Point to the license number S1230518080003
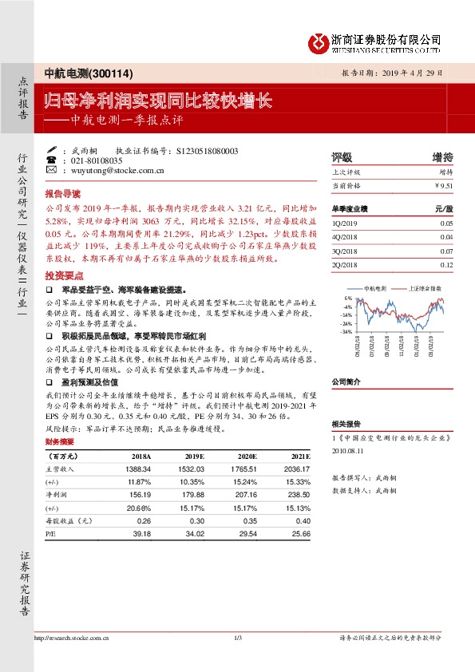206,150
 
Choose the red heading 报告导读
62,194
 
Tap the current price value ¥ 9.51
443,185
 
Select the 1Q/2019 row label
346,225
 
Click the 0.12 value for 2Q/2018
445,263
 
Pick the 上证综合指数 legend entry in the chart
426,288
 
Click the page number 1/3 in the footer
237,636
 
